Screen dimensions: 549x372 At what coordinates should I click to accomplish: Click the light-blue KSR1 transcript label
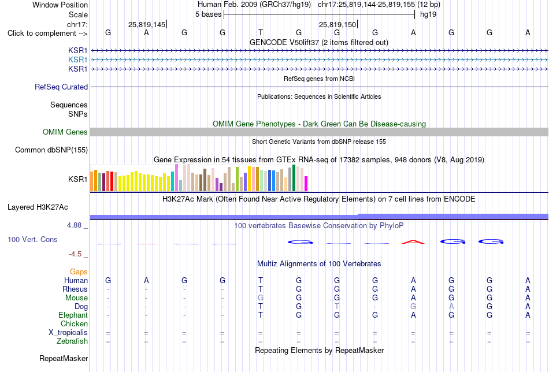(x=78, y=60)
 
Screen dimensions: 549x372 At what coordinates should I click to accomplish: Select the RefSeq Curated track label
(x=61, y=87)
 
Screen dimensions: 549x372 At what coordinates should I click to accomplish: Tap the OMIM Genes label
(x=65, y=132)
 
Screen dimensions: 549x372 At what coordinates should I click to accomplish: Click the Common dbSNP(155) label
(x=51, y=150)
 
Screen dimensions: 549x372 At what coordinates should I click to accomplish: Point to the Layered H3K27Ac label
(x=38, y=207)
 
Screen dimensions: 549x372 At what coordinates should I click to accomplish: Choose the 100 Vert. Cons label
(x=32, y=239)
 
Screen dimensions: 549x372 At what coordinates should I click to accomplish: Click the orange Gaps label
(x=79, y=272)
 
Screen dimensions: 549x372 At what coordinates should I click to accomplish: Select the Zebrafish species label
(x=72, y=341)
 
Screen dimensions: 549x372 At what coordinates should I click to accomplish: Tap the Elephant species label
(x=73, y=315)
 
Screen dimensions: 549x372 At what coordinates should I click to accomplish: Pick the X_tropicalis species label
(x=68, y=333)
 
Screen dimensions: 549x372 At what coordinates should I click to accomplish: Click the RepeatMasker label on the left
(x=64, y=358)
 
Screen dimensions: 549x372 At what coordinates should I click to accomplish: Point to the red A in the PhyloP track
(x=413, y=242)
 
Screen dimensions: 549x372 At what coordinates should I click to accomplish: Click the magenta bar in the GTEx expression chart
(x=306, y=184)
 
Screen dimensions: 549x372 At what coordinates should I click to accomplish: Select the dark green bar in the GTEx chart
(x=294, y=178)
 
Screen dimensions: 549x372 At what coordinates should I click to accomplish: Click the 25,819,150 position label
(x=337, y=24)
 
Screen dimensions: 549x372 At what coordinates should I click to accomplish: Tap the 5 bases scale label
(x=208, y=14)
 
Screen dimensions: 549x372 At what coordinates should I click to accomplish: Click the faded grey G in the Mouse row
(x=261, y=298)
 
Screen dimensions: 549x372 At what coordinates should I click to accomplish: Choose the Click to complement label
(x=47, y=34)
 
